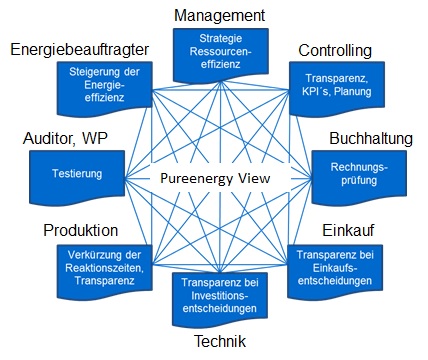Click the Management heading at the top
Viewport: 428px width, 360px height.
(219, 15)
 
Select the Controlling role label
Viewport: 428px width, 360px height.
(335, 50)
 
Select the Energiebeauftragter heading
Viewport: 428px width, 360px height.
(79, 50)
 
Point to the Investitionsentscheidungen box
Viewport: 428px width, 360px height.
(219, 297)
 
